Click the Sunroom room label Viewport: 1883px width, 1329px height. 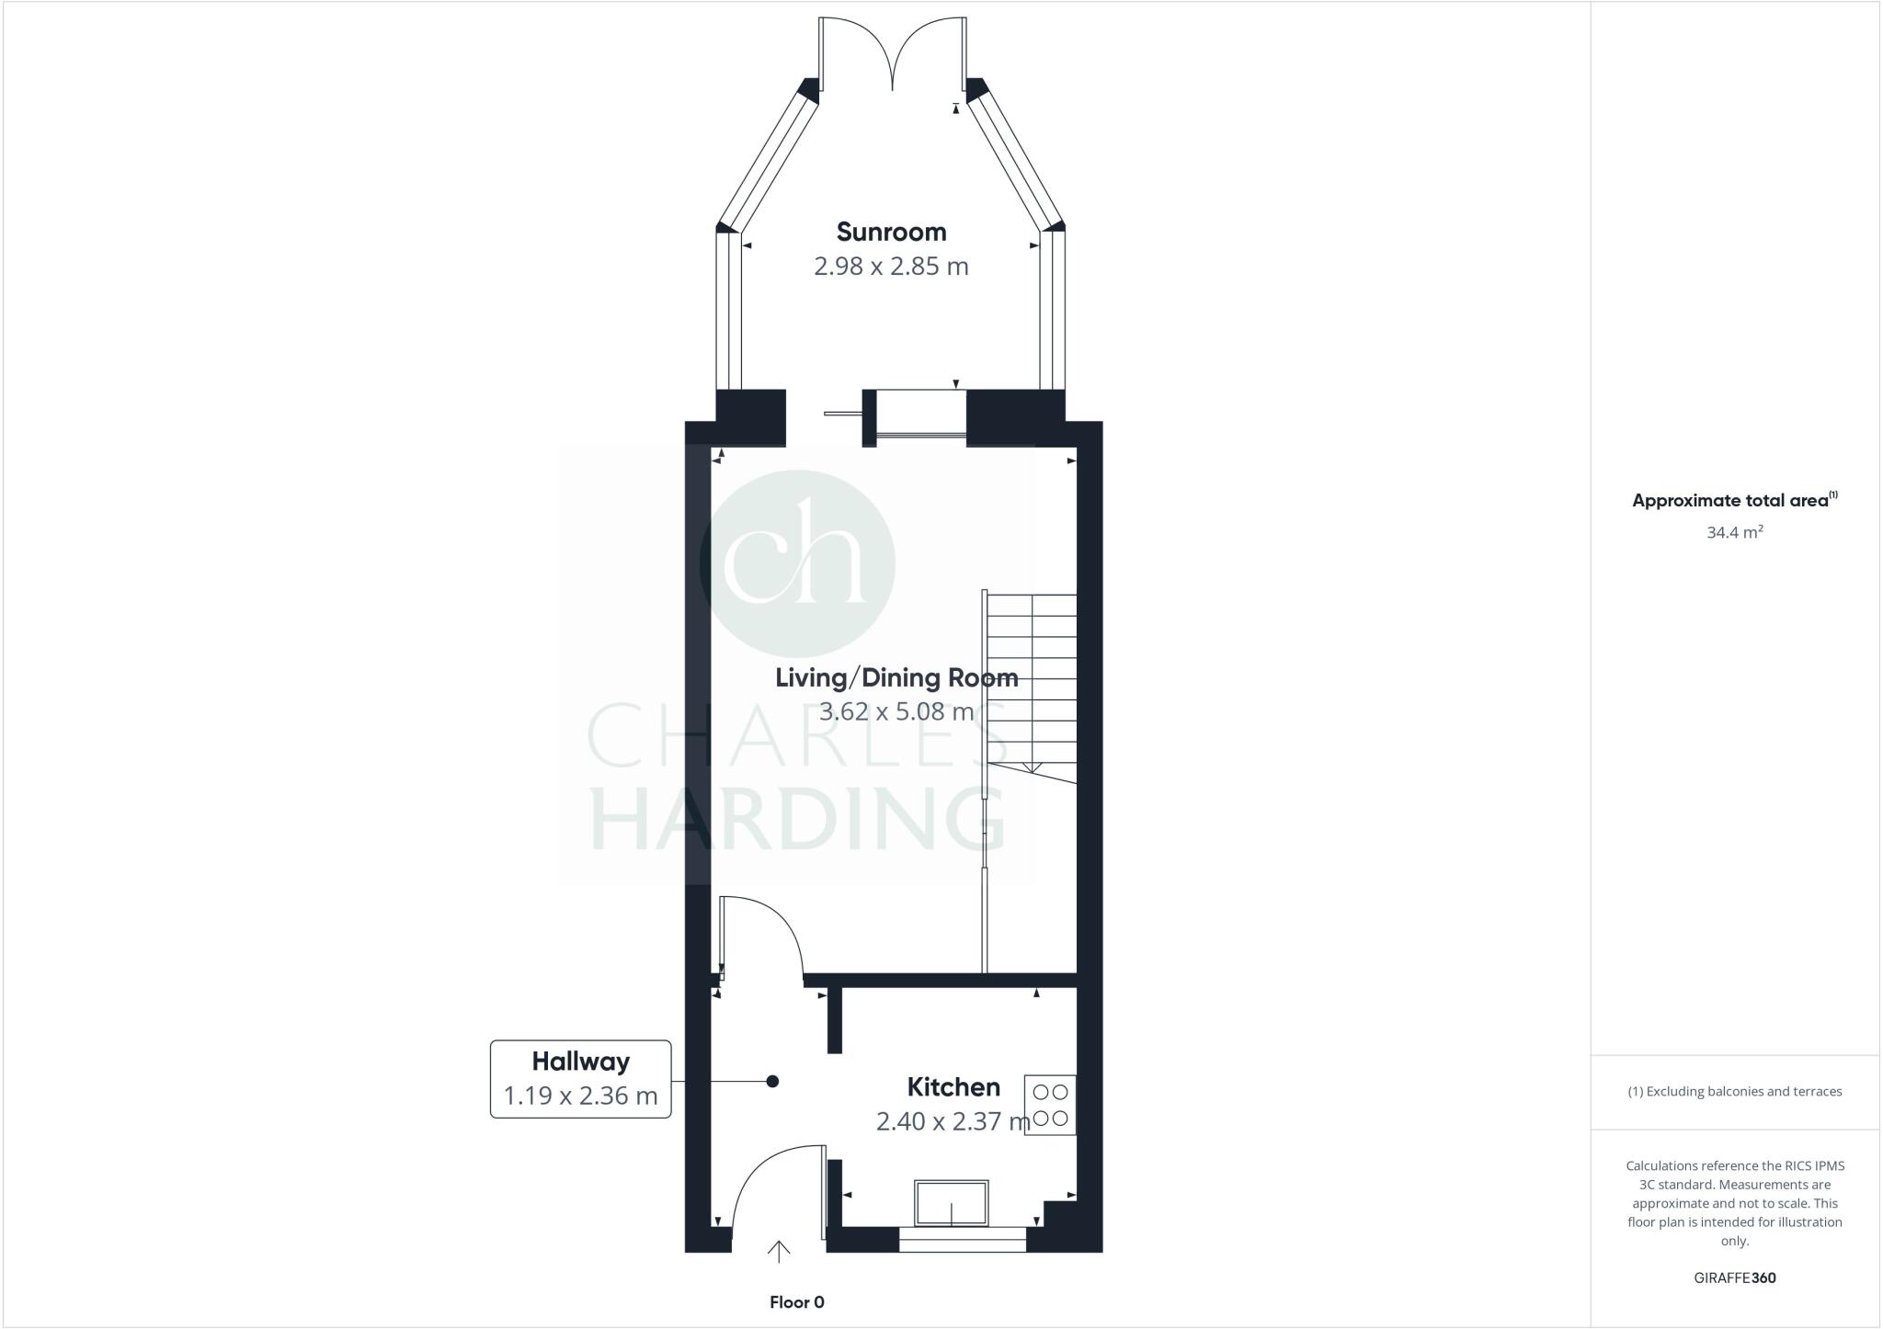pos(891,232)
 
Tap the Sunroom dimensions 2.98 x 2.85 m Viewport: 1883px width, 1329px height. pos(891,267)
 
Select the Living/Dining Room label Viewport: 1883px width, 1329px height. pos(896,678)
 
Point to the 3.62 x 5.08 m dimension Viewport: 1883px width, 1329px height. pos(896,712)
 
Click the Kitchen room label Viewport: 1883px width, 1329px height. pos(953,1087)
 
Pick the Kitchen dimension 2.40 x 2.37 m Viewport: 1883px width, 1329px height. pos(953,1122)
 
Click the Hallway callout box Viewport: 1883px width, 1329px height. pos(580,1078)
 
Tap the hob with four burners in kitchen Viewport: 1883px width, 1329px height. pos(1050,1106)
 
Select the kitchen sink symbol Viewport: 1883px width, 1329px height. pos(952,1203)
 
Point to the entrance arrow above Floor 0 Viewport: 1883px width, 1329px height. pos(779,1253)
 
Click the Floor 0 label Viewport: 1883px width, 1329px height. pos(796,1302)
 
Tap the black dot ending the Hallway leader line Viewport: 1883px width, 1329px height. pos(772,1082)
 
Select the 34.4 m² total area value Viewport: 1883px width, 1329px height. pos(1734,532)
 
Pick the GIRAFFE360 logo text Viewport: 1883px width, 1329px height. pos(1734,1278)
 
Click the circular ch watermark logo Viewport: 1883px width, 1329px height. pos(797,563)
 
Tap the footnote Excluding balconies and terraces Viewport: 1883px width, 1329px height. pos(1734,1092)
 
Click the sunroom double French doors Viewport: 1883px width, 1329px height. pos(892,53)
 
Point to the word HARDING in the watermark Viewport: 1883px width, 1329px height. pos(796,817)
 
